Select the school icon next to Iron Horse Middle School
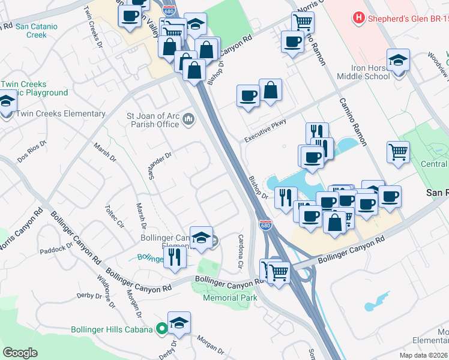point(398,61)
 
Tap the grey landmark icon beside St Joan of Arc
point(188,119)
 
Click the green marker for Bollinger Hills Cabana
point(161,328)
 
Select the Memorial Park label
point(230,298)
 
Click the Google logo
point(20,353)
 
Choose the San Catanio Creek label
point(40,31)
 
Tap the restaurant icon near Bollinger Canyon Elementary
point(175,257)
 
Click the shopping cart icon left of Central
point(398,152)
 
